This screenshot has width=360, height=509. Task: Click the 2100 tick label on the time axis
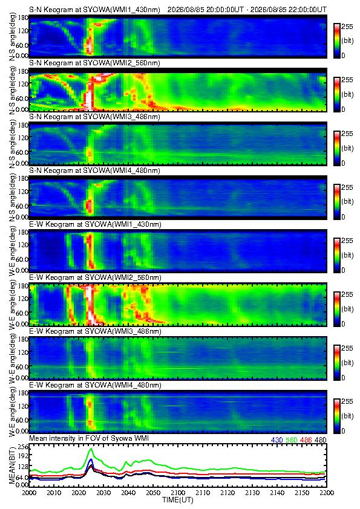178,493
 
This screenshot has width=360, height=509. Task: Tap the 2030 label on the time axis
103,493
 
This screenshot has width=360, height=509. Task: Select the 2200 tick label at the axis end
327,493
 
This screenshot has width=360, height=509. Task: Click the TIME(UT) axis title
178,500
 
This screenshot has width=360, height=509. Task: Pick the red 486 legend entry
306,440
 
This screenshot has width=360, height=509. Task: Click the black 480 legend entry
321,440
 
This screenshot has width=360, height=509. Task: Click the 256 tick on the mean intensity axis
24,447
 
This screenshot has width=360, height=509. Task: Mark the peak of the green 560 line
91,449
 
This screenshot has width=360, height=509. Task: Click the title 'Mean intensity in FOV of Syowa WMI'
89,438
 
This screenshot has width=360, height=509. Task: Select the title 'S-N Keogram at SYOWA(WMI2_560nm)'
94,63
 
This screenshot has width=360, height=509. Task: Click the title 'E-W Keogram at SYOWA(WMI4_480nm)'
95,385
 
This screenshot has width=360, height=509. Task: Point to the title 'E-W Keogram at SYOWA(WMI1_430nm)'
95,224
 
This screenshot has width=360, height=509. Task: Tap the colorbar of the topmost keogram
337,41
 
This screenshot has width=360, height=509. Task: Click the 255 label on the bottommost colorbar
347,401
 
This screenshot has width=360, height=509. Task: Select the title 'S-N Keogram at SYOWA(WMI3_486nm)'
94,117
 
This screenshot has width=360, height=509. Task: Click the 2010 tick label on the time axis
54,493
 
